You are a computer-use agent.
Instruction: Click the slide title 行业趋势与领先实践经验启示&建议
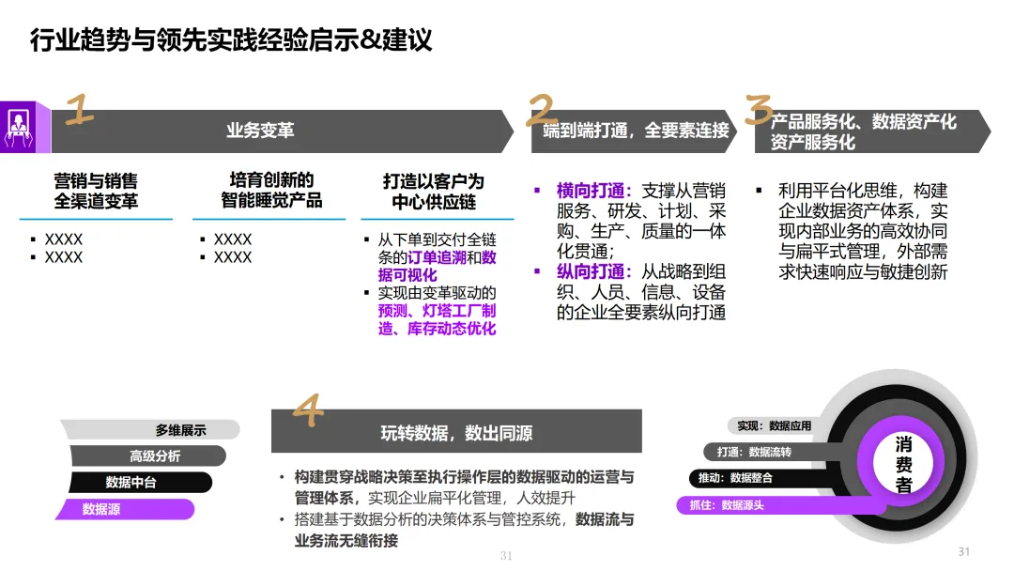(x=231, y=40)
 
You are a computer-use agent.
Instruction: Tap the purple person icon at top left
(x=19, y=127)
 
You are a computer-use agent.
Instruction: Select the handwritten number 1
(x=80, y=110)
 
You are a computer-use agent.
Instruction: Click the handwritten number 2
(x=542, y=110)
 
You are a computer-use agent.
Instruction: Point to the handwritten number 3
(x=759, y=110)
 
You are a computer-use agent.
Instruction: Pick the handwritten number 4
(x=308, y=409)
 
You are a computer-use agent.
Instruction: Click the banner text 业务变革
(x=260, y=131)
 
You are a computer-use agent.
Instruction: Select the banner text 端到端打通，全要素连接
(x=636, y=131)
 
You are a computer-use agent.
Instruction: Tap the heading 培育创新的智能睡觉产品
(x=271, y=190)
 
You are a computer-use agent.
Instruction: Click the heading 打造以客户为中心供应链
(x=433, y=191)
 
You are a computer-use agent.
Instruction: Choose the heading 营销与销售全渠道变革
(x=96, y=191)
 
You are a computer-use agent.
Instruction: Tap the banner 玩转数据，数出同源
(x=456, y=433)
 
